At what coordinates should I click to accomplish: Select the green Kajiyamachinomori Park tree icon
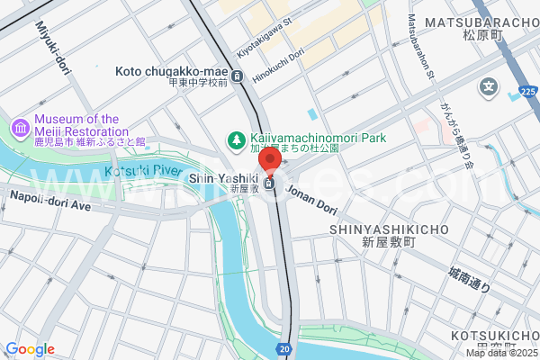point(235,139)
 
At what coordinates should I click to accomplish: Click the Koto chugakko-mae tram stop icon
point(237,76)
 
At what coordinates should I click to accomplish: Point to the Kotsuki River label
point(137,170)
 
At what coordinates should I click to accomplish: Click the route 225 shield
point(527,92)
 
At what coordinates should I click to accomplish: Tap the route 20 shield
point(284,348)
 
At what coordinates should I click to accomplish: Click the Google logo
point(30,349)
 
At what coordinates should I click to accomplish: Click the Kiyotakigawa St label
point(265,41)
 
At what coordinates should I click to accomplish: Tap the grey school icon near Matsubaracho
point(488,87)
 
